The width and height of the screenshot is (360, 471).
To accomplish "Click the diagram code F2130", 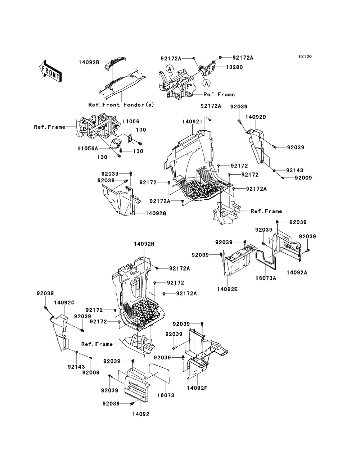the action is (x=305, y=56).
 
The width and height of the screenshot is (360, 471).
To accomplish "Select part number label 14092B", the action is (x=89, y=63).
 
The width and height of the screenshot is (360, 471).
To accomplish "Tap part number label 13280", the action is (x=234, y=67).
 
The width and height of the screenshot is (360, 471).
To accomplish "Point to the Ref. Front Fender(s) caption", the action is (x=121, y=105).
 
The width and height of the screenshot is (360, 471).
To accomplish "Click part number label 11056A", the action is (x=87, y=148).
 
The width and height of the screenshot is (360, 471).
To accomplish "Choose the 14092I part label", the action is (x=192, y=122).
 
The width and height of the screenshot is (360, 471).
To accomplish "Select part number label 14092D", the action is (x=256, y=117).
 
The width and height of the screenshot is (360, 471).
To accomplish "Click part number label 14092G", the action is (x=156, y=213).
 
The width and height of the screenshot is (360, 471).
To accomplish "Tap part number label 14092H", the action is (x=144, y=244).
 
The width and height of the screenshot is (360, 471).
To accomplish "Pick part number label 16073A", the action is (x=266, y=278).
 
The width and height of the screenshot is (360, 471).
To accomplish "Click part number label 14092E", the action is (x=227, y=289).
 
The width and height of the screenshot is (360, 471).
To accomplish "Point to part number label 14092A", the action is (x=297, y=272).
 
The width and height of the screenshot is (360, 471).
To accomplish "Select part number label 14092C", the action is (x=64, y=303).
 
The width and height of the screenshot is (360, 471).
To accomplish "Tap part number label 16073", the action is (x=166, y=395).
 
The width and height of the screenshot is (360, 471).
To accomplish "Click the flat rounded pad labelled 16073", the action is (x=159, y=373).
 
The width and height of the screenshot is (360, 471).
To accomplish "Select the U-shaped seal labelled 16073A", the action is (x=266, y=260).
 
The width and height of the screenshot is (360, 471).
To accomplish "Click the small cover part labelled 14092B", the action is (x=115, y=63).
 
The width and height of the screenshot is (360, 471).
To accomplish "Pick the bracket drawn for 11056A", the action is (x=116, y=144).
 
